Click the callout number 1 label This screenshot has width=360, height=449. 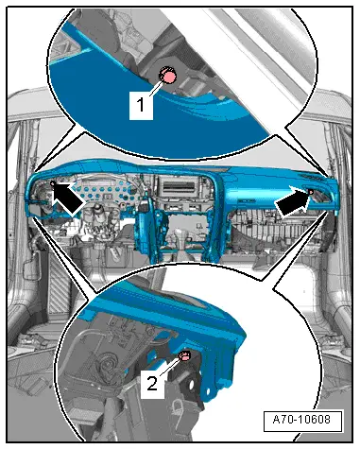click(141, 105)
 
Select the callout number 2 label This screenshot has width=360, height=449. click(152, 384)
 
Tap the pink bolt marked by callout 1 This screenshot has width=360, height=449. click(168, 76)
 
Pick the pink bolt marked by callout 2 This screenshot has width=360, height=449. click(185, 356)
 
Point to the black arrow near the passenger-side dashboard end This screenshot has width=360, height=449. click(292, 203)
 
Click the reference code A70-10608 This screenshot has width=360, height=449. click(301, 420)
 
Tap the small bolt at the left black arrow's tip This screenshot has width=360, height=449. click(53, 183)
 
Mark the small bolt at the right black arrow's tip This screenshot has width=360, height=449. click(311, 191)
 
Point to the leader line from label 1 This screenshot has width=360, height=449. click(156, 88)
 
